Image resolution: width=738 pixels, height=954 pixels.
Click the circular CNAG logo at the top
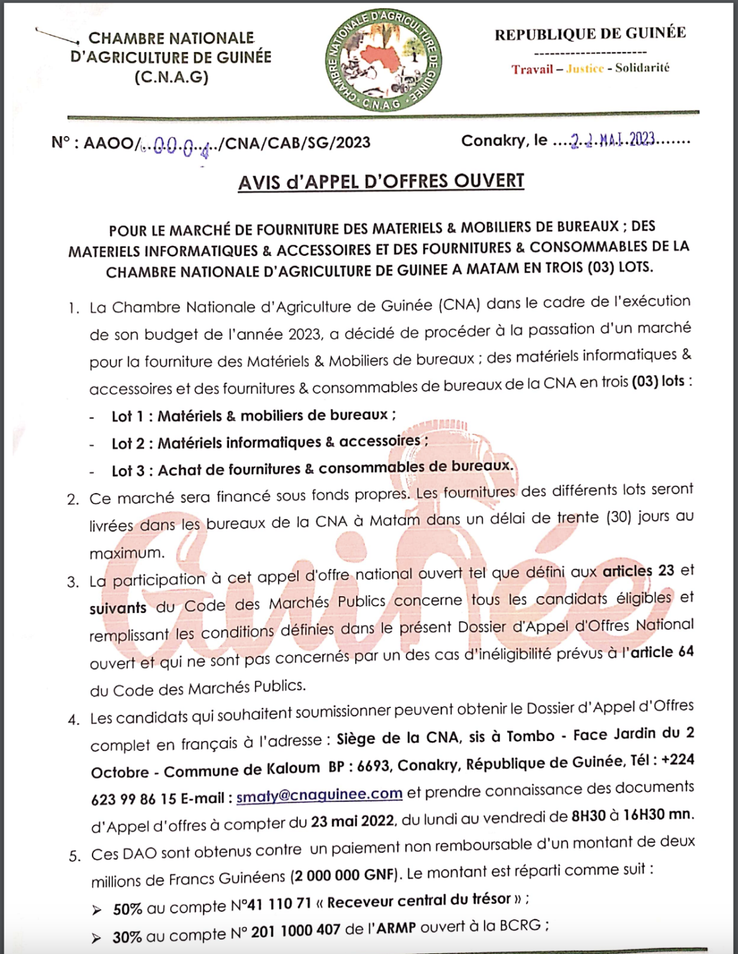(x=384, y=60)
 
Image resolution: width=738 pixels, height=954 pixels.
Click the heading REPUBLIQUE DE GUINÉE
(x=590, y=34)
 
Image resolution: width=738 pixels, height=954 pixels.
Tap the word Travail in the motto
(x=532, y=69)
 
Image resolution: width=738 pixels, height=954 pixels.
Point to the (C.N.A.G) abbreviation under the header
(x=171, y=77)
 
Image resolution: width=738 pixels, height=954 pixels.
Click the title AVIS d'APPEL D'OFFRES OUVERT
(x=381, y=181)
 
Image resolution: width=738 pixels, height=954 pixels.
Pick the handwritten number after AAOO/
(x=178, y=145)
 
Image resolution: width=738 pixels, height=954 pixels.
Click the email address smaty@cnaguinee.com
(x=319, y=794)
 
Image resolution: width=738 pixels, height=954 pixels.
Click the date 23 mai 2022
(x=352, y=821)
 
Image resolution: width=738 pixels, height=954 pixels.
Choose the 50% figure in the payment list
(x=127, y=909)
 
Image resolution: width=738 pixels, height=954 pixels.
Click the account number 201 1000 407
(x=295, y=930)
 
